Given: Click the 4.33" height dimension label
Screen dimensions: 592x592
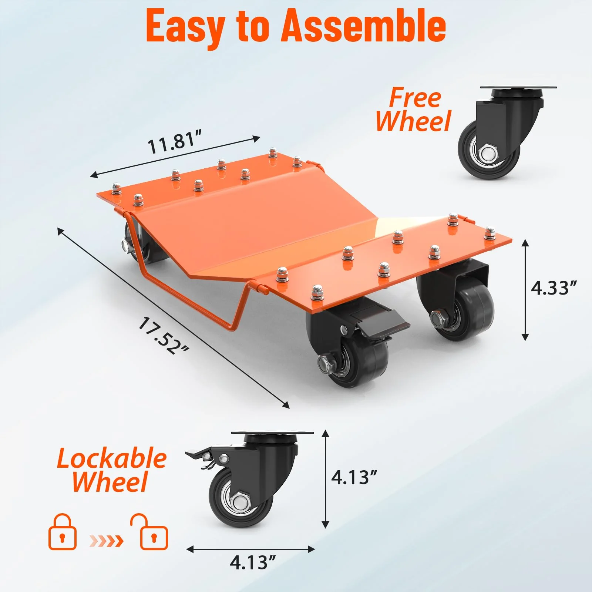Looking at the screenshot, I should (554, 288).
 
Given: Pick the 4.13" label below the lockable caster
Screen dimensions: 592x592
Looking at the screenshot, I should (253, 563).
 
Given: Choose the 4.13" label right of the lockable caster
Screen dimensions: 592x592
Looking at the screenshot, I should (354, 477).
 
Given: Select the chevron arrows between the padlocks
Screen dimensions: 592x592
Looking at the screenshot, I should (107, 541).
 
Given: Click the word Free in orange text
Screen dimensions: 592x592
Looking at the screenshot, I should (415, 98).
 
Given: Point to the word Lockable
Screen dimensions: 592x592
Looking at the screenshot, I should (112, 458).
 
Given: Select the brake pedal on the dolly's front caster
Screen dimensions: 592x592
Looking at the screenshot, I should (381, 325).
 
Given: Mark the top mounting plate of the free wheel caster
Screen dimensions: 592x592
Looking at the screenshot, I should (518, 88).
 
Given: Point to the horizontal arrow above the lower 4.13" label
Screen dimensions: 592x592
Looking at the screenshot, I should (250, 549).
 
